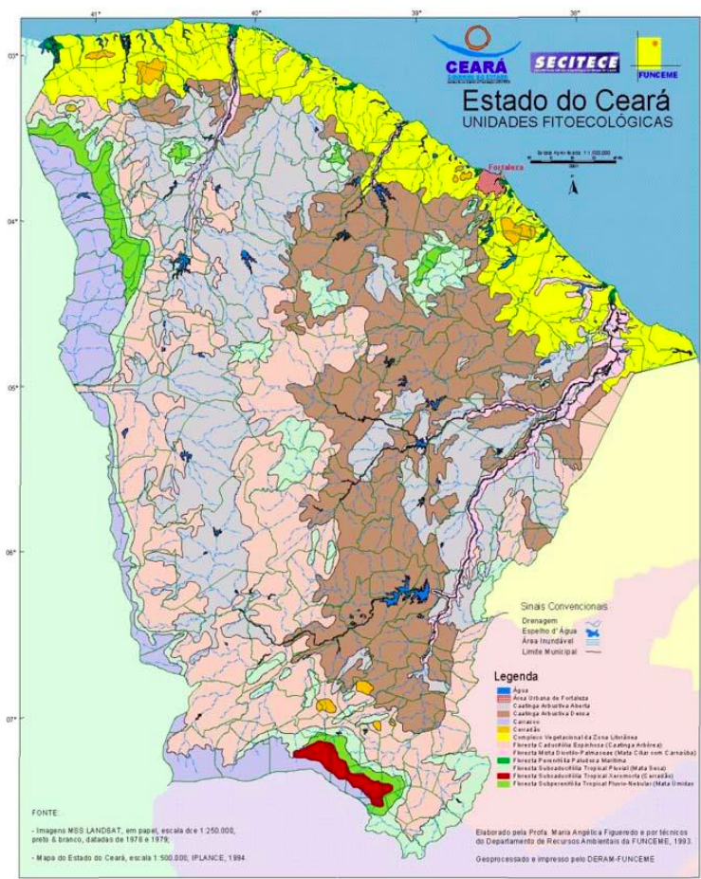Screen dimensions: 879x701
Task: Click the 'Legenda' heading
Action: [515, 677]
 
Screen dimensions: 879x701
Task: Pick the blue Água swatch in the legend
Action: [503, 690]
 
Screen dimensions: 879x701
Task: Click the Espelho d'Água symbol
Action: [593, 628]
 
